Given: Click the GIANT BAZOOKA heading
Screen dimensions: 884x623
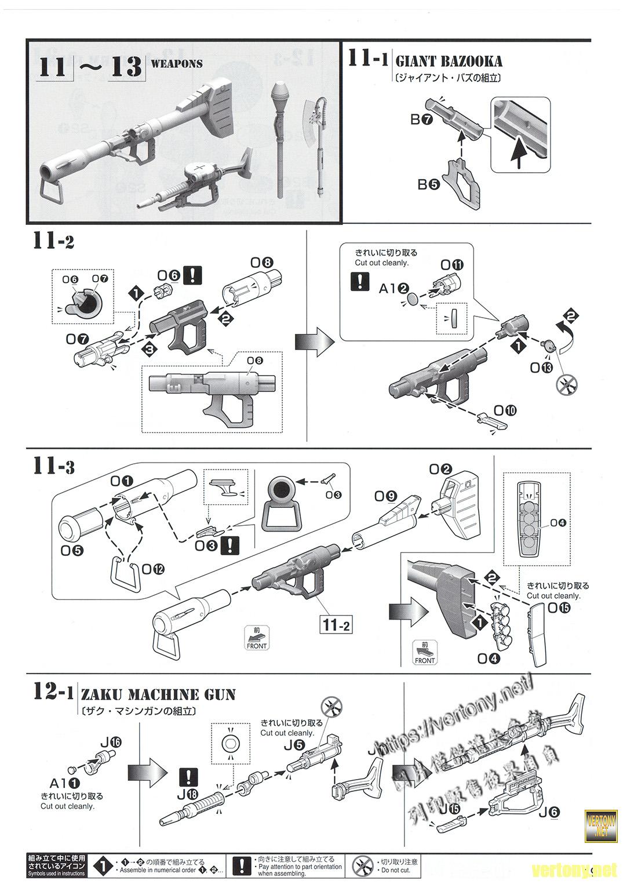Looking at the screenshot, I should pyautogui.click(x=449, y=61).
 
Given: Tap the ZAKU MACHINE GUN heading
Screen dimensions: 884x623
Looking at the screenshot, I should pyautogui.click(x=158, y=694).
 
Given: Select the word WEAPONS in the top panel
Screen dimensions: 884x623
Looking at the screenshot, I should pyautogui.click(x=177, y=64).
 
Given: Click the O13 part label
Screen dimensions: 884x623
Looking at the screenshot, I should pyautogui.click(x=541, y=367).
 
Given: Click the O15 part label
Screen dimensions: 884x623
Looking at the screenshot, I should pyautogui.click(x=558, y=607).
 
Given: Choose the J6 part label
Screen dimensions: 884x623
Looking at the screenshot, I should pyautogui.click(x=549, y=812).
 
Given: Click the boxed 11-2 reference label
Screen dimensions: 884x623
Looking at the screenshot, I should pyautogui.click(x=337, y=624).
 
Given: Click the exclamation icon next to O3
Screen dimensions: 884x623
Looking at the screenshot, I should pyautogui.click(x=232, y=545).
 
